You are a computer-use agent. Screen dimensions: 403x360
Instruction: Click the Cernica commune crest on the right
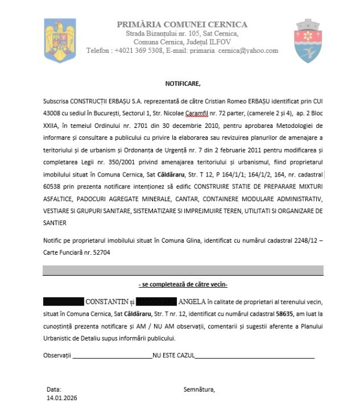(x=310, y=41)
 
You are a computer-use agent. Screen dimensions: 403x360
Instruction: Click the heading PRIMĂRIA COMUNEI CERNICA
(x=182, y=24)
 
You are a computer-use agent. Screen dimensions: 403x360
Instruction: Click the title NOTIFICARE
(x=183, y=83)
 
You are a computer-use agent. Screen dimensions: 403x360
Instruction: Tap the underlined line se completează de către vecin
(x=183, y=283)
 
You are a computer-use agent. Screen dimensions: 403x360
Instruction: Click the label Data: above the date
(x=53, y=389)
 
